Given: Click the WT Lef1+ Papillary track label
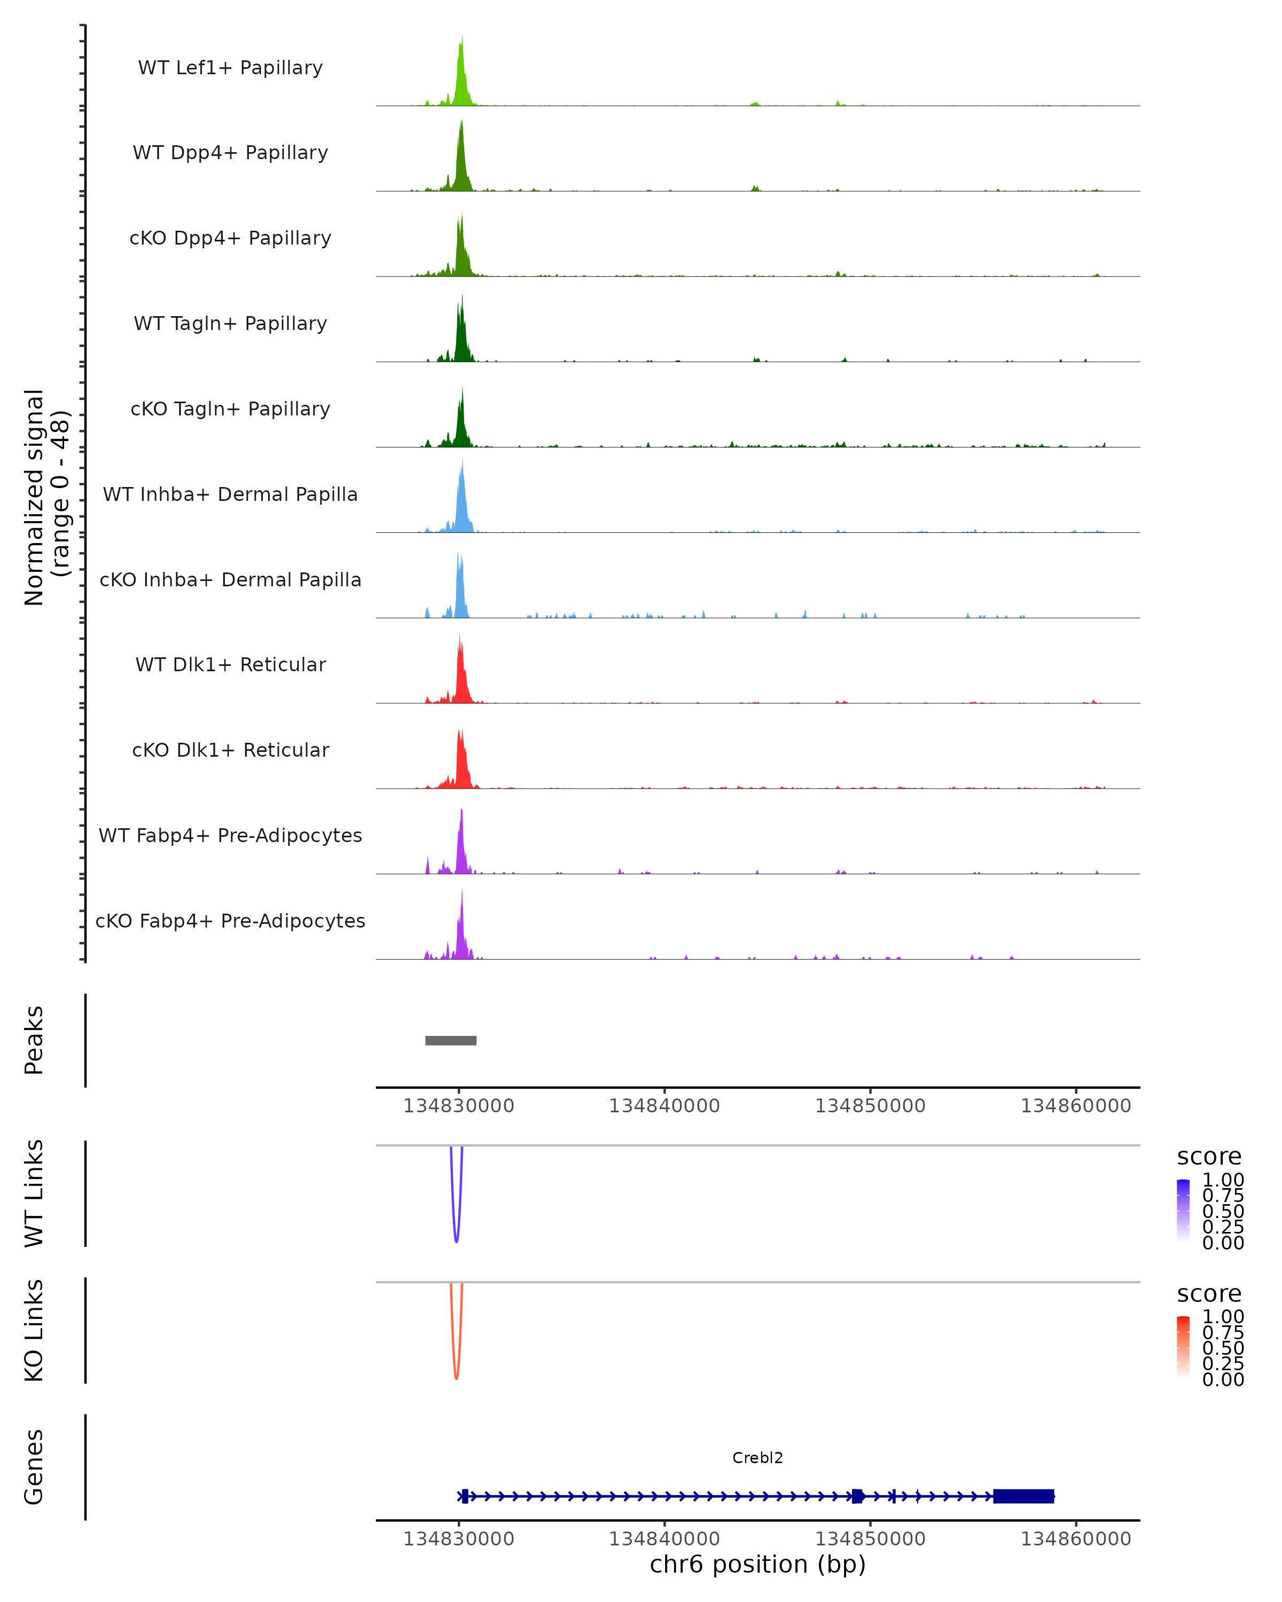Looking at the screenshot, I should [x=230, y=68].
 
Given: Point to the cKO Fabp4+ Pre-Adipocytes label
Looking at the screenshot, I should [x=230, y=921].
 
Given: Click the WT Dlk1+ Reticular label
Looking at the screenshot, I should [x=230, y=664].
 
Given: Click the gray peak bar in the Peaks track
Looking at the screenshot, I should [x=450, y=1040].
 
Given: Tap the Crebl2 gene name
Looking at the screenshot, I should [x=757, y=1458].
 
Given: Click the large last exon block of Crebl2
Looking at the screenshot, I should [x=1023, y=1496].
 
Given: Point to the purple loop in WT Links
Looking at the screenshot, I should [x=456, y=1237].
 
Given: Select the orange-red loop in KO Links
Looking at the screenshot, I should [x=456, y=1374].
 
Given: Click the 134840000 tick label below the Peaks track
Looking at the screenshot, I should [x=665, y=1106].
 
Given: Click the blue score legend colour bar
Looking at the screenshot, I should [x=1183, y=1211].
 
